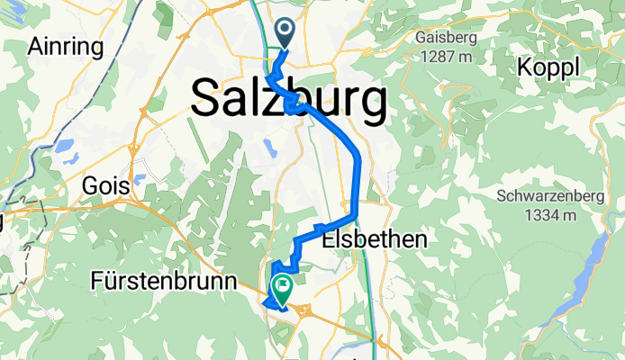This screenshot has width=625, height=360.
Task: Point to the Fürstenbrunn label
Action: pyautogui.click(x=164, y=282)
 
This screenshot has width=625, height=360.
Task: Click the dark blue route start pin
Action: pyautogui.click(x=285, y=33)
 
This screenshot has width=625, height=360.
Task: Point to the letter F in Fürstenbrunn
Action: pyautogui.click(x=97, y=282)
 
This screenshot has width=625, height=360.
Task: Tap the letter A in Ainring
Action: pyautogui.click(x=36, y=46)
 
